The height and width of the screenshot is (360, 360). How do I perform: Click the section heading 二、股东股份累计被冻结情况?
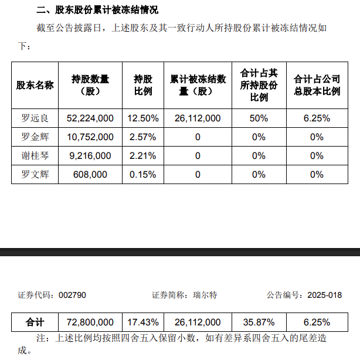(97, 10)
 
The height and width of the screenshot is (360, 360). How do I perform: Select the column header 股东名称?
(35, 85)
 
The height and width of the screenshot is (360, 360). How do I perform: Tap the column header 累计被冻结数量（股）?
(198, 85)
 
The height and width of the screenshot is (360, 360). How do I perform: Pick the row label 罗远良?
(35, 118)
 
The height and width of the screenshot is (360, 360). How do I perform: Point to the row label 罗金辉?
(35, 137)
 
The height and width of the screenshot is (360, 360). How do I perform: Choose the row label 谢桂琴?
(35, 155)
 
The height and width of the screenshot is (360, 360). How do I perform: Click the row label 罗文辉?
(35, 174)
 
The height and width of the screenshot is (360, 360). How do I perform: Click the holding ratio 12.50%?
(143, 118)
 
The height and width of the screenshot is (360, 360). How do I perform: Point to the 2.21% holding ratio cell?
(143, 155)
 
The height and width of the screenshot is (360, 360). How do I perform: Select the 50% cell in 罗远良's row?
(259, 118)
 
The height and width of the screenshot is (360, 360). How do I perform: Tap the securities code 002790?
(73, 295)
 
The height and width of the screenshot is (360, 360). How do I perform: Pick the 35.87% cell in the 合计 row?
(259, 322)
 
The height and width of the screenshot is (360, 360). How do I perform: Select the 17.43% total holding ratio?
(143, 322)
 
